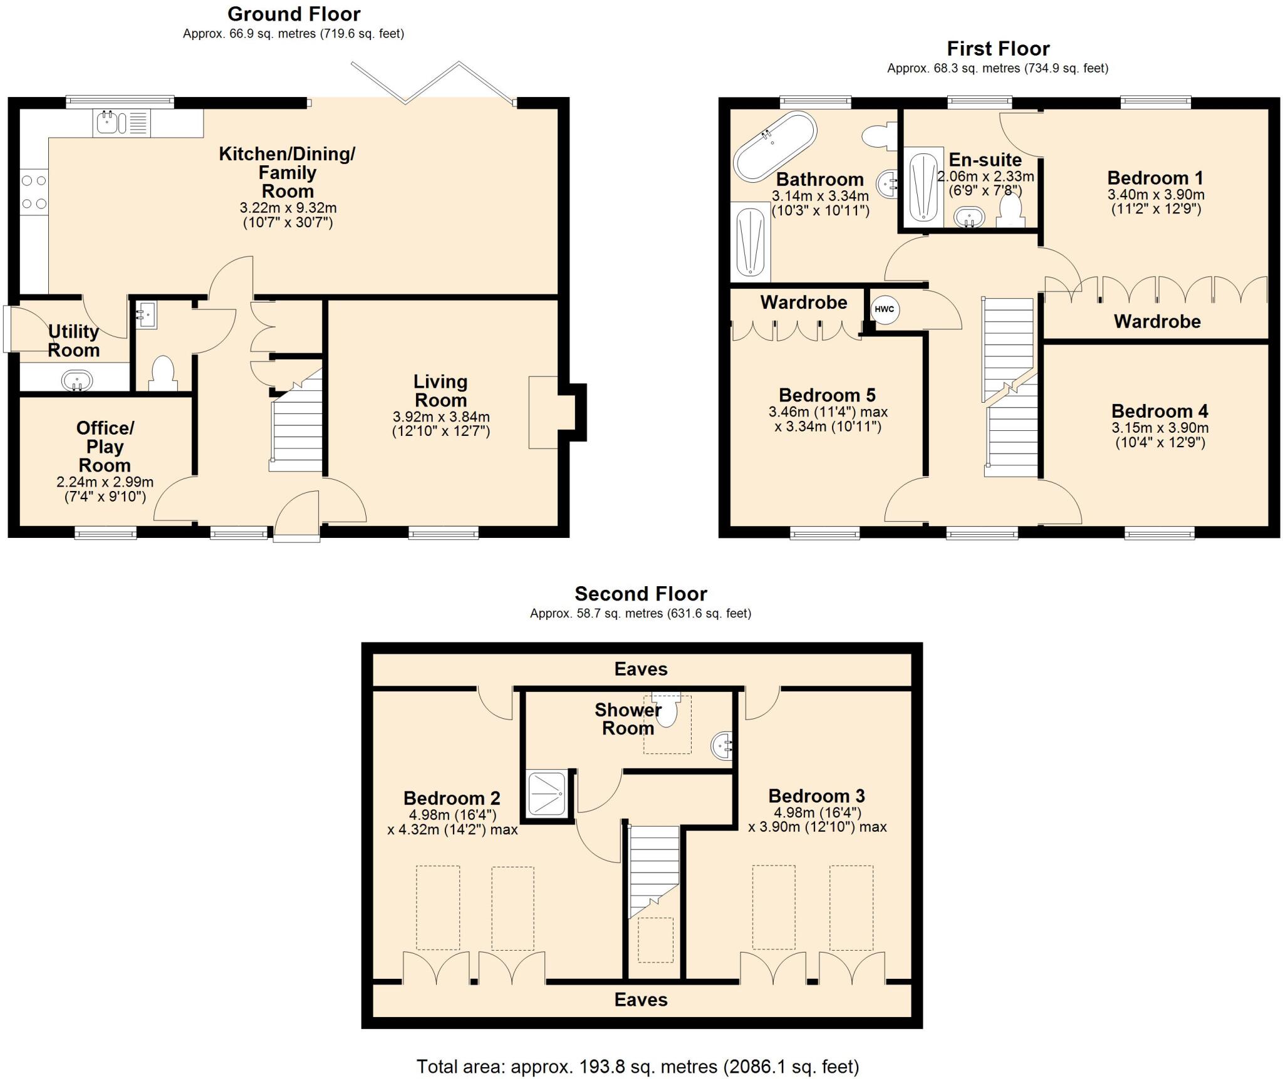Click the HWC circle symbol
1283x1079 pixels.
(x=884, y=309)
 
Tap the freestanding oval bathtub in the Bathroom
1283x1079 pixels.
(x=775, y=146)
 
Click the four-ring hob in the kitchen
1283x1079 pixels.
(x=34, y=192)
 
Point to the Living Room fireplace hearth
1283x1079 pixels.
(x=543, y=412)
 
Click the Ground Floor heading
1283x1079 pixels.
(x=294, y=14)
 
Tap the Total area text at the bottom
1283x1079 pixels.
(x=637, y=1066)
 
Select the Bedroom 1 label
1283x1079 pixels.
(x=1155, y=178)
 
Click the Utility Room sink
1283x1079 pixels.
(x=77, y=380)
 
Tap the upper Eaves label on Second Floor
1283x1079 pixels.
(x=641, y=669)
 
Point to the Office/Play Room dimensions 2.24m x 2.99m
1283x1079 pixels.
(x=105, y=482)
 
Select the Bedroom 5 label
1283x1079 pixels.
(x=827, y=395)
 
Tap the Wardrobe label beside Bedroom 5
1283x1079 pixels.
(x=803, y=302)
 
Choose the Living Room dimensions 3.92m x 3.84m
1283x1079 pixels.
(x=441, y=416)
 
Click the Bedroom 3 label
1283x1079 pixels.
(x=816, y=796)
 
